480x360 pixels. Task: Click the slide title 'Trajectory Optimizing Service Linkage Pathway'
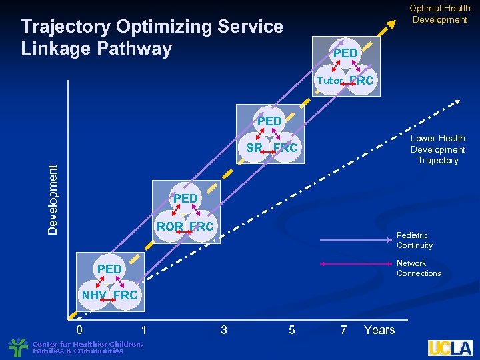coord(152,37)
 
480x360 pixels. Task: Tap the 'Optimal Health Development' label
coord(439,14)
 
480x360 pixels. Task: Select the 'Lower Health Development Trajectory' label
coord(437,149)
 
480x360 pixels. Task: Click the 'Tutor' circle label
coord(329,81)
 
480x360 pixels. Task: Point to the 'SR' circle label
coord(253,148)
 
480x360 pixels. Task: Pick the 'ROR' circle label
coord(170,227)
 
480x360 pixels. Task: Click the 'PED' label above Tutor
coord(345,53)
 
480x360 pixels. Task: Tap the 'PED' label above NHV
coord(109,269)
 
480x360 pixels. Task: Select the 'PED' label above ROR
coord(185,199)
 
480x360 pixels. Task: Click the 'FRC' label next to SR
coord(285,148)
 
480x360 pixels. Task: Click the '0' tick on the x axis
coord(79,329)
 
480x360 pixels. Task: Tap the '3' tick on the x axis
coord(223,329)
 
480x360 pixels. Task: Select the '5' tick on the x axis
coord(291,329)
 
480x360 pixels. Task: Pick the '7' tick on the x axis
coord(343,329)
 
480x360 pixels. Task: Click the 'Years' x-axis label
coord(379,329)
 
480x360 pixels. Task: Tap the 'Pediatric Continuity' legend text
coord(414,240)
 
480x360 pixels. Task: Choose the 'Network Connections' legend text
coord(418,268)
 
